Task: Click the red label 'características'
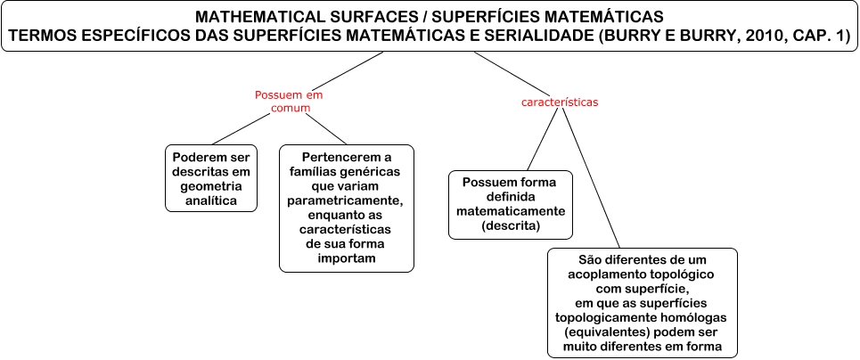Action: coord(559,102)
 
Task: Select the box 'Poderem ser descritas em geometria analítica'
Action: coord(211,176)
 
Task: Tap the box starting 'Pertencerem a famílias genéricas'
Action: coord(347,208)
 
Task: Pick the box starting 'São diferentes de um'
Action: coord(641,302)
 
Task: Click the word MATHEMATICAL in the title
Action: coord(251,17)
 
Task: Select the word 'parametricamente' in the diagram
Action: coord(347,201)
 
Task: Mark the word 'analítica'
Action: coord(211,201)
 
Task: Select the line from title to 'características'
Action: coord(506,70)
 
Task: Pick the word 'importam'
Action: coord(347,258)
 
